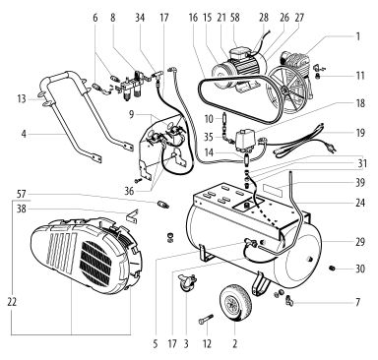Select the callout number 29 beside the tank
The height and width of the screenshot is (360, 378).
pos(360,242)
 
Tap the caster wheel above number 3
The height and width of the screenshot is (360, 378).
pos(186,282)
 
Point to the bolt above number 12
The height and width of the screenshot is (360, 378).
pos(206,320)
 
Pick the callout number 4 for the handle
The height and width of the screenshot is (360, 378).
pos(24,134)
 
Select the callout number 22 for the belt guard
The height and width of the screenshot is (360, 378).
pos(12,302)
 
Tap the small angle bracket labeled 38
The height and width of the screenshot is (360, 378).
pos(132,215)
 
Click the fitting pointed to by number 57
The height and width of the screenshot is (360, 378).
pos(162,204)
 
